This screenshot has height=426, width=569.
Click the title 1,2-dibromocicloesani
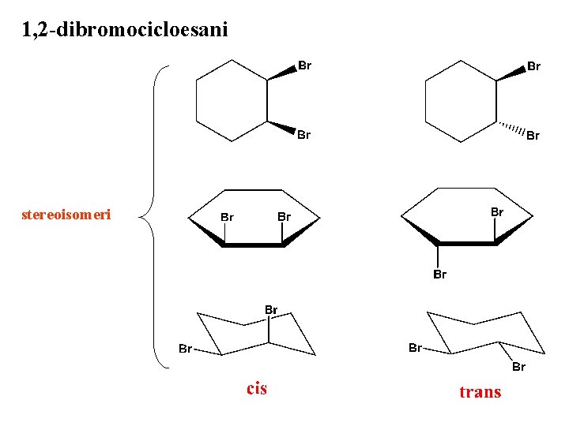tap(125, 31)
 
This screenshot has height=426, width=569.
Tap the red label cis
tap(257, 388)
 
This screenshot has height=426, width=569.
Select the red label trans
tap(480, 392)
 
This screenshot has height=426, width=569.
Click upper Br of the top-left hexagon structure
tap(304, 65)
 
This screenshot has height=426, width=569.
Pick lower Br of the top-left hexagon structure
tap(303, 135)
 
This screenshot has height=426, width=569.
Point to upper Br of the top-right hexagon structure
tap(533, 66)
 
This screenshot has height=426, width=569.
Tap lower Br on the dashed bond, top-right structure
tap(533, 136)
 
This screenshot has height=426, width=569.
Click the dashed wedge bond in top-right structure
tap(511, 129)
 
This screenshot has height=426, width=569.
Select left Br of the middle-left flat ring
tap(227, 215)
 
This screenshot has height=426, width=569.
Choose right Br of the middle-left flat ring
tap(284, 215)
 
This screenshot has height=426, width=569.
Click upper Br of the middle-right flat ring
tap(497, 211)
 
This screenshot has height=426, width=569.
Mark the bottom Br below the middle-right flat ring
tap(439, 275)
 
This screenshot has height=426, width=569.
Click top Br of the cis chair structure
tap(271, 310)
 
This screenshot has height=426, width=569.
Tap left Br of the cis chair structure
tap(184, 348)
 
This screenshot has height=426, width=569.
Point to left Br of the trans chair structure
tap(414, 348)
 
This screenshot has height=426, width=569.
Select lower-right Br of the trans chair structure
tap(518, 367)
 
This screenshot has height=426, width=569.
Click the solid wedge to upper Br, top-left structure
tap(281, 73)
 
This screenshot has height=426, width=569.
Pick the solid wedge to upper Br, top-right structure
tap(511, 73)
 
